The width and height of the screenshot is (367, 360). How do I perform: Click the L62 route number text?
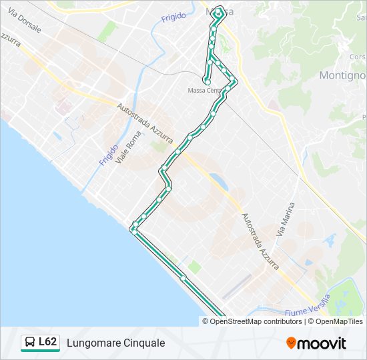[x=47, y=342]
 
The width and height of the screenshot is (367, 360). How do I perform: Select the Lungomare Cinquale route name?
[x=115, y=343]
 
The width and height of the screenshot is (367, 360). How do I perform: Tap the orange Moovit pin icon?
[x=292, y=343]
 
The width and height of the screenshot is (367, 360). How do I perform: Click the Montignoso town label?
[x=342, y=75]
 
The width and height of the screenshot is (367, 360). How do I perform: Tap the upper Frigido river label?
[x=173, y=17]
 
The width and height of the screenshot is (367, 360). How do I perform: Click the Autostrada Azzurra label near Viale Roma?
[x=145, y=124]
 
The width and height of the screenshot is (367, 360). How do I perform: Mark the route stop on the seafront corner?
[x=133, y=229]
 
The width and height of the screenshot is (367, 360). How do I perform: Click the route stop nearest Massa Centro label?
[x=208, y=81]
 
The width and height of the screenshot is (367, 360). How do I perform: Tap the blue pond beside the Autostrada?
[x=217, y=180]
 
